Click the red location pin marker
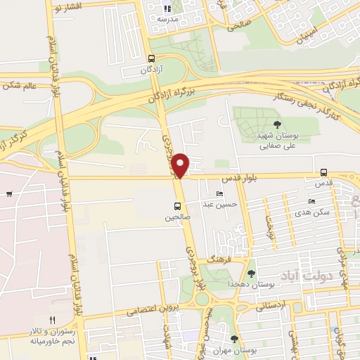181,165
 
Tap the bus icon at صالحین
177,206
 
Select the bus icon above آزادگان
153,60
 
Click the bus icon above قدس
323,172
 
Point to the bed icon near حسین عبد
220,194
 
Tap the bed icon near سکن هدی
311,202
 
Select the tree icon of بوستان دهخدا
251,273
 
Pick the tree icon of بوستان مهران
234,338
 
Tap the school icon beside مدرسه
167,9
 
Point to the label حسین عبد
217,205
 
